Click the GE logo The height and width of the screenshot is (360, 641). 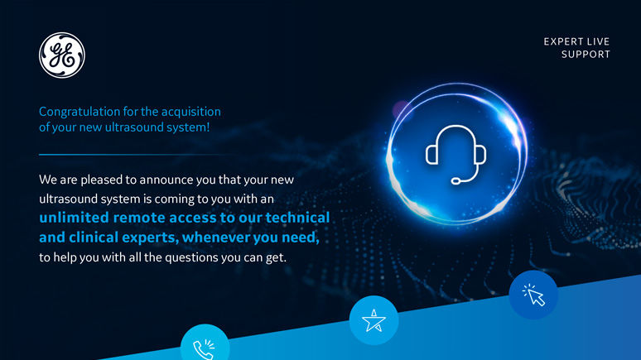(62, 55)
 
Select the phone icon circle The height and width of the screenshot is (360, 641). (205, 343)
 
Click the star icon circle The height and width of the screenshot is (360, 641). (374, 320)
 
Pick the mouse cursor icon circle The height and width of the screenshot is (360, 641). (533, 295)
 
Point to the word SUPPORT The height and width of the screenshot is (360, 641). (586, 55)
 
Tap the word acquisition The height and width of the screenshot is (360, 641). (191, 112)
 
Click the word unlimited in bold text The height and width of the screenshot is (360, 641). (74, 218)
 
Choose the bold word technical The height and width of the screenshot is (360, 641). (297, 218)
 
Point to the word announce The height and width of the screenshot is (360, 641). (166, 180)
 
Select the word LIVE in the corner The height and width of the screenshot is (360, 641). (598, 41)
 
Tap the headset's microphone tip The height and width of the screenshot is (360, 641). (455, 180)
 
